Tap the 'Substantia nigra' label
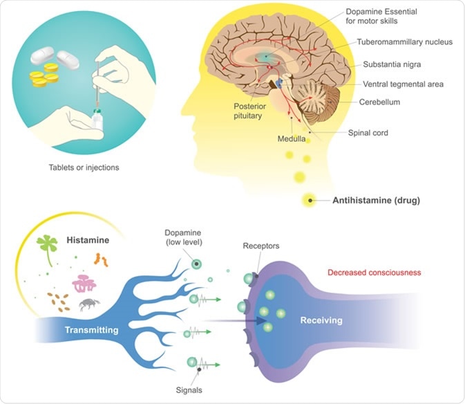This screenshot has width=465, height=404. coord(391,64)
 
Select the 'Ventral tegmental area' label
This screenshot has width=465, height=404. coord(403,84)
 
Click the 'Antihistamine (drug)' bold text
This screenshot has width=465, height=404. coord(375,201)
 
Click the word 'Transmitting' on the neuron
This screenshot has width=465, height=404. coord(91,330)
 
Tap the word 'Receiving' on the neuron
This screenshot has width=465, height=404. coord(321,321)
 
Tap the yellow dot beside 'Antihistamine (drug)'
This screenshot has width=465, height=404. coord(310,201)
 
